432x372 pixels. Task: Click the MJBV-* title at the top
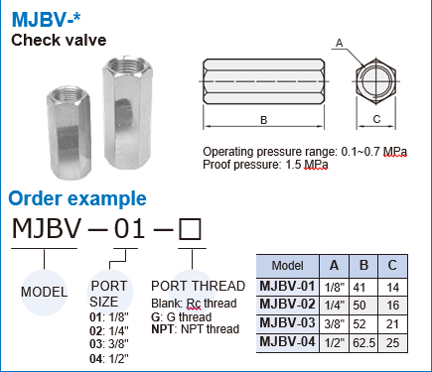tap(43, 19)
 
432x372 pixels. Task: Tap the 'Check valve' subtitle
tap(58, 41)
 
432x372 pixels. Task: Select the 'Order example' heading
tap(77, 198)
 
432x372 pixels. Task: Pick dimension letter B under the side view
tap(263, 120)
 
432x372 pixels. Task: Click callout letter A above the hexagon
tap(340, 42)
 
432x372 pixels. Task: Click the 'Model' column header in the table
tap(287, 266)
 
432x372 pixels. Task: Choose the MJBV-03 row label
tap(287, 323)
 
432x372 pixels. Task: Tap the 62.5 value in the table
tap(364, 342)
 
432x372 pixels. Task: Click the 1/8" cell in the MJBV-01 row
tap(334, 286)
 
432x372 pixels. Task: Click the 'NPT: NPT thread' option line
tap(196, 328)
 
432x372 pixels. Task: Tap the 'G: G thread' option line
tap(184, 316)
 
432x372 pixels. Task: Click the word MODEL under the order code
tap(43, 292)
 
